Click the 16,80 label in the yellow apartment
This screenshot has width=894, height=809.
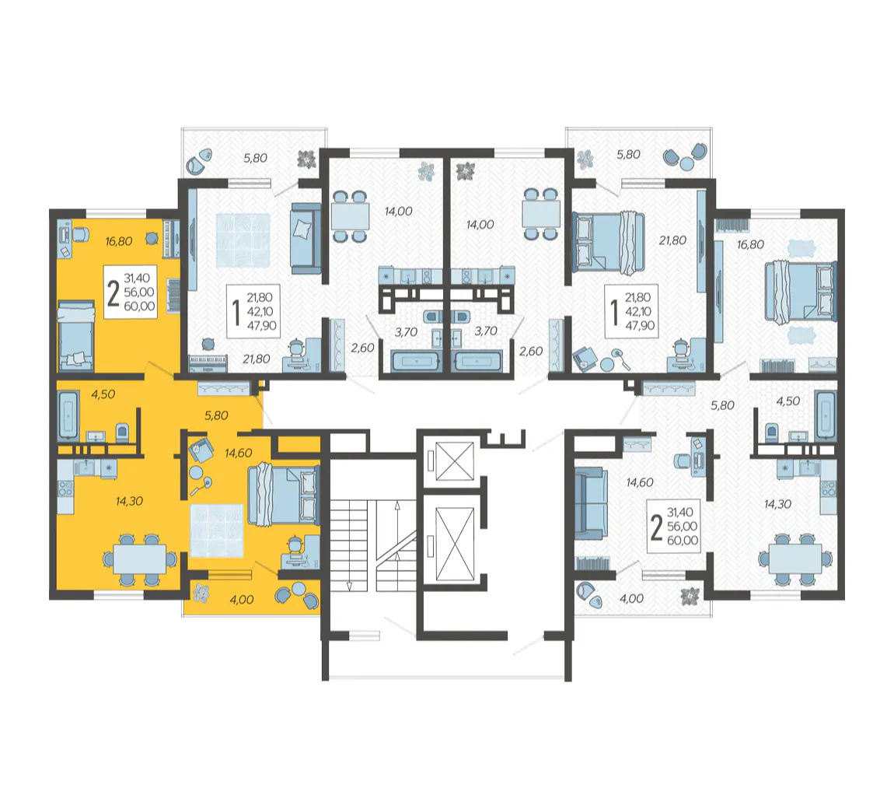click(119, 241)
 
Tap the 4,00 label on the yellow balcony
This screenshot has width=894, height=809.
click(241, 600)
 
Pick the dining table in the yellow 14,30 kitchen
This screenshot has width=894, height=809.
click(140, 559)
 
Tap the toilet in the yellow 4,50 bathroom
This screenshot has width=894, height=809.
click(123, 433)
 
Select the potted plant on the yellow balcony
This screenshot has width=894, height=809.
click(201, 594)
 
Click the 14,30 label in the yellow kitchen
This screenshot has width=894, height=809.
click(129, 501)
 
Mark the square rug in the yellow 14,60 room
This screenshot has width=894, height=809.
click(217, 531)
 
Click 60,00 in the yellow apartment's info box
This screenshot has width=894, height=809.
click(140, 306)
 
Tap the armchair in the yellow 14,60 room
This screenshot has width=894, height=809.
click(199, 449)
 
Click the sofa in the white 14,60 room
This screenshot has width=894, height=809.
click(589, 504)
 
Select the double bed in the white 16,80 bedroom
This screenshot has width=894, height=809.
click(799, 292)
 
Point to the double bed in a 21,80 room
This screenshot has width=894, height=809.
click(609, 243)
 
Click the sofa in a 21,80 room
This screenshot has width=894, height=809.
click(306, 239)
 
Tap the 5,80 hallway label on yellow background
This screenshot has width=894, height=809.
click(217, 416)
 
